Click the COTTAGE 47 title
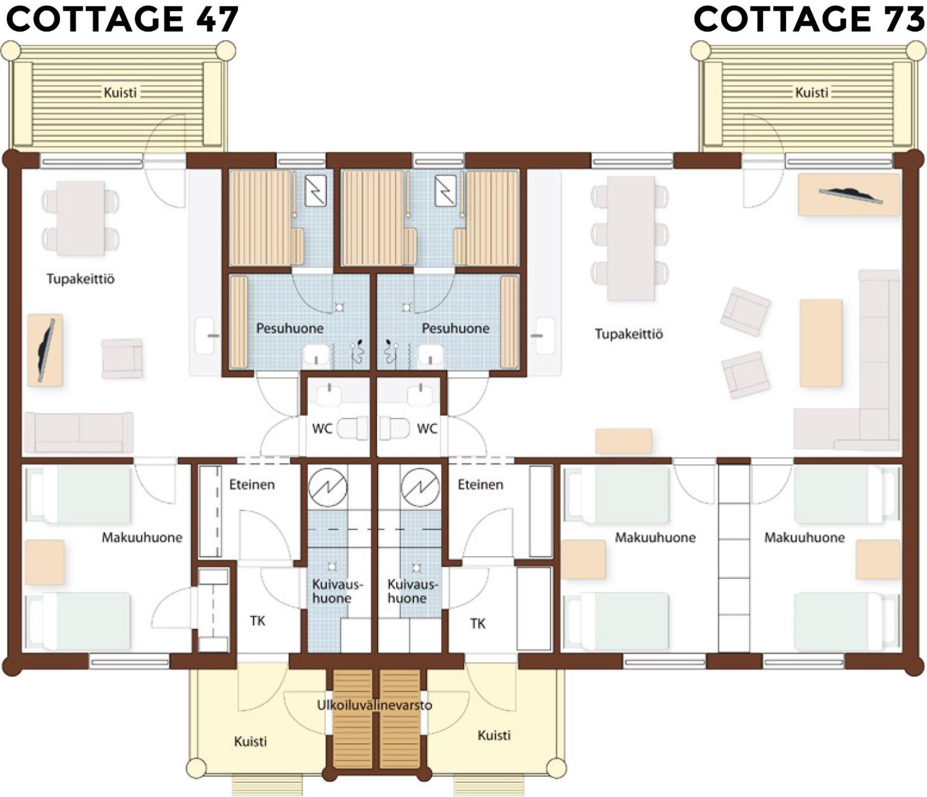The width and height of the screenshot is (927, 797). point(122,19)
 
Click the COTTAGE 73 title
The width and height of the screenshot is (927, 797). point(809,19)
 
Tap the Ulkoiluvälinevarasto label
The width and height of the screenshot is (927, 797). point(374,705)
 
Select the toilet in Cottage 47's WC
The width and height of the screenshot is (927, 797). point(352,428)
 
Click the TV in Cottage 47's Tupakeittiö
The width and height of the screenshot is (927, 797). point(46,350)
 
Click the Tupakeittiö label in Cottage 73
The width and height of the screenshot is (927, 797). point(629,334)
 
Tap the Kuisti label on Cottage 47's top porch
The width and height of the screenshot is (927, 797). point(120,92)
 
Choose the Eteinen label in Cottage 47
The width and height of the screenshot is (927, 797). point(252,485)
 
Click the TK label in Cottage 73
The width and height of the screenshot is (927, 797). point(478,624)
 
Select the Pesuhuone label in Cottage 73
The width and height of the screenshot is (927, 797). point(455,329)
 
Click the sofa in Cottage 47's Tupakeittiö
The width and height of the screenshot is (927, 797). point(79,433)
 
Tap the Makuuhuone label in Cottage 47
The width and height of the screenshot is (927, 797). point(142,537)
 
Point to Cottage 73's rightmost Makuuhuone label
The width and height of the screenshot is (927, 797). point(804,537)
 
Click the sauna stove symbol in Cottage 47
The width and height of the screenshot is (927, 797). point(316,191)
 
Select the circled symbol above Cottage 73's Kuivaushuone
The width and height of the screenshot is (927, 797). point(420,487)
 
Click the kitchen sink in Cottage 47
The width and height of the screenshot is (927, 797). point(206,335)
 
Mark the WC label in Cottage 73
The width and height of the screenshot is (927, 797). point(427,429)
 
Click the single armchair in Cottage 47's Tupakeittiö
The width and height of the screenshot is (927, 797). point(122,358)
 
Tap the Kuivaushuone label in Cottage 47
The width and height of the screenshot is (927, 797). point(337,591)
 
